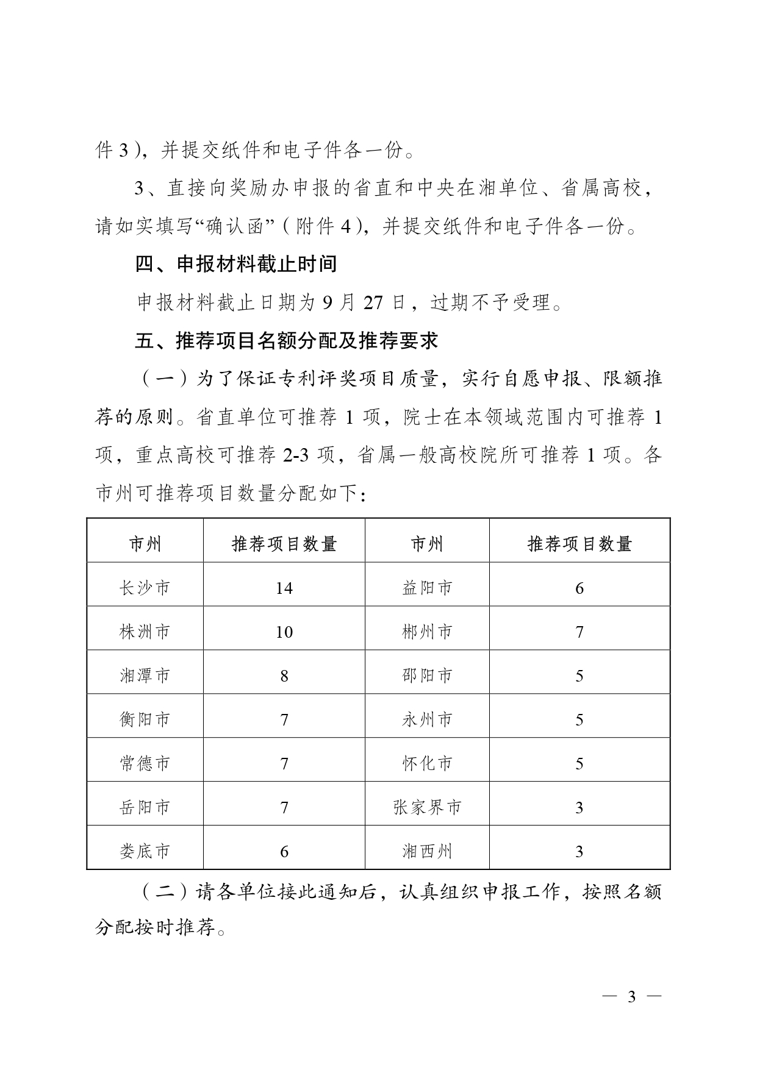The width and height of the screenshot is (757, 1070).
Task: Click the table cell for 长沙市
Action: point(145,588)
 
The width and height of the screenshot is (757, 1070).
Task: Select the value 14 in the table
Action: point(284,588)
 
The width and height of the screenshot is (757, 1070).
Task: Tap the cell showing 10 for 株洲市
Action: point(284,632)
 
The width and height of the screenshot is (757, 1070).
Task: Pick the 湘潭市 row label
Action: point(145,676)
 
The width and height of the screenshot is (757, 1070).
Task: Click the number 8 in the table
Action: point(284,676)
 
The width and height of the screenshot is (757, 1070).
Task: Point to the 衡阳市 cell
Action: point(145,719)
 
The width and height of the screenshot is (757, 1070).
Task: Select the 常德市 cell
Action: point(145,763)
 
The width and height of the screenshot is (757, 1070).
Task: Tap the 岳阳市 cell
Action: point(145,807)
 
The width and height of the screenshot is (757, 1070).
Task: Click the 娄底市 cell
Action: point(145,851)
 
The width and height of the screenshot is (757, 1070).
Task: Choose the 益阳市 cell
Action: point(427,588)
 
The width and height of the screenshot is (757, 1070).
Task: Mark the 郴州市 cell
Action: point(427,632)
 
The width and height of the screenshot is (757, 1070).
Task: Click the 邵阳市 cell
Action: point(427,676)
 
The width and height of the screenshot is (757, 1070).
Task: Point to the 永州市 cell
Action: point(427,719)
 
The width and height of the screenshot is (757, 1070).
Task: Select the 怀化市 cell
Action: point(427,763)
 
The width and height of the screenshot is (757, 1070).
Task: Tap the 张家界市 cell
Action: point(427,807)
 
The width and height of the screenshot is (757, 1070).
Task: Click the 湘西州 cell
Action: point(427,851)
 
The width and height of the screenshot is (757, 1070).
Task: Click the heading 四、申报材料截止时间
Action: point(236,265)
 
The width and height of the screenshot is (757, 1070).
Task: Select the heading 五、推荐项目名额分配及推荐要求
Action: point(287,340)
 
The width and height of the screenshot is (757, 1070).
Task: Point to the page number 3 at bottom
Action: point(631,997)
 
